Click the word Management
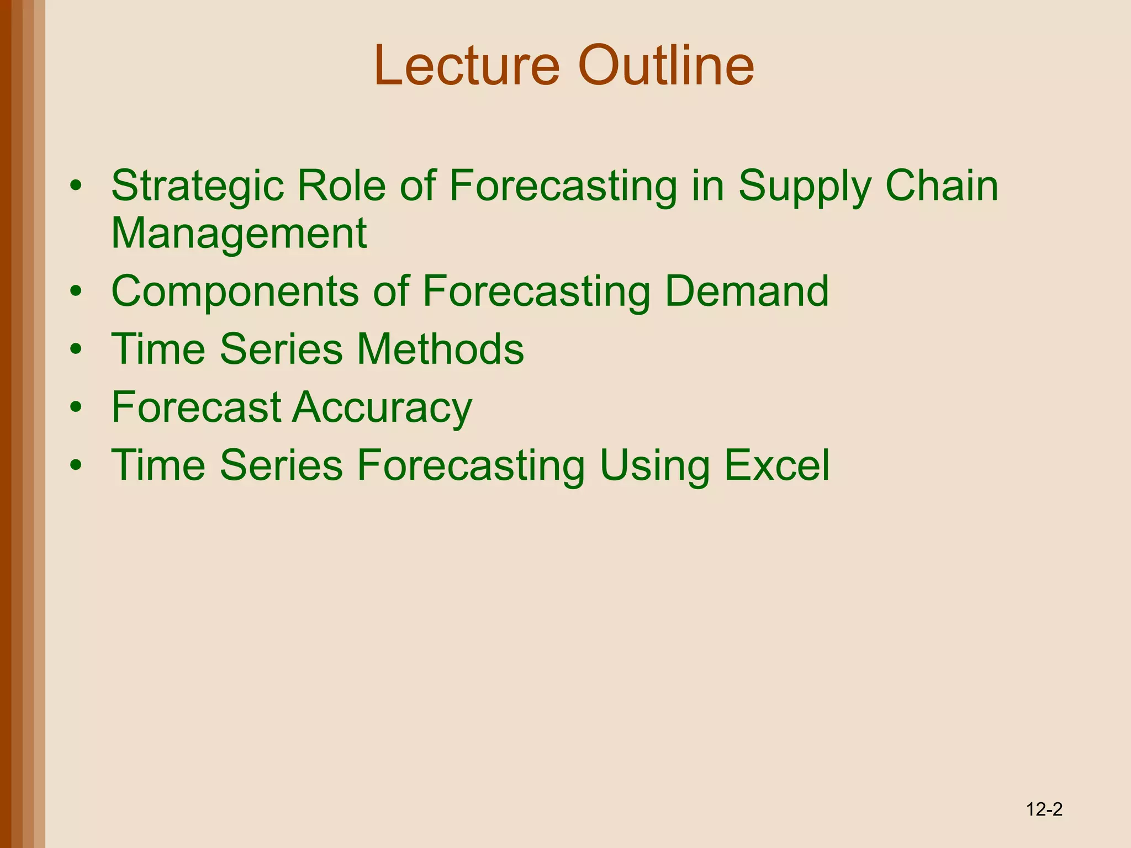pos(239,234)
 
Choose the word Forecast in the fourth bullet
pos(197,407)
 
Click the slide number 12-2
pos(1044,810)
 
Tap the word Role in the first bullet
pos(341,185)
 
